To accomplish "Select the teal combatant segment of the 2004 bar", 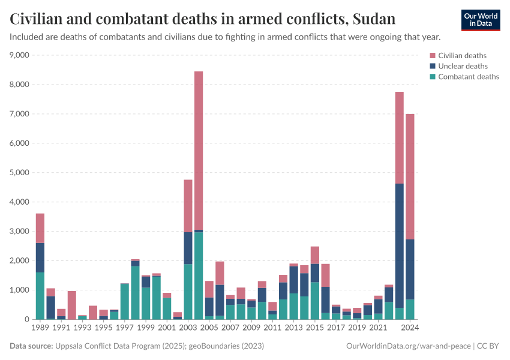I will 199,276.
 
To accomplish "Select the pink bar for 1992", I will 72,305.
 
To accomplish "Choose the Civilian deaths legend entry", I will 462,56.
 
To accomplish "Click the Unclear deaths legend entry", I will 463,66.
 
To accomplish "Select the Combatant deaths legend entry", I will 468,77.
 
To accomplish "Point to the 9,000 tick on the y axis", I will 19,55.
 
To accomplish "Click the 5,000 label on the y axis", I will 19,173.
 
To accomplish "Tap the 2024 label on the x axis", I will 410,328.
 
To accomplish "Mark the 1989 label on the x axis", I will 40,328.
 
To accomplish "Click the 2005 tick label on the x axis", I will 209,328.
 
